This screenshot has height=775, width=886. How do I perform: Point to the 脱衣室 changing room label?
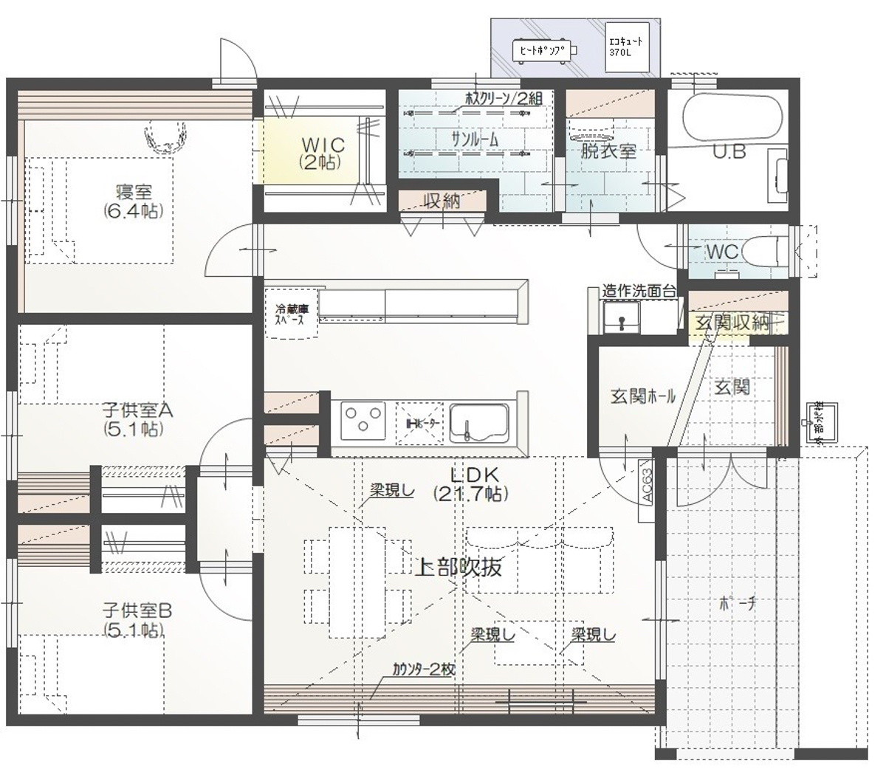click(608, 151)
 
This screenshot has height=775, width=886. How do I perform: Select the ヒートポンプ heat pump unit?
click(543, 51)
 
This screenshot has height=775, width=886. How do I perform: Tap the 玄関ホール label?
click(642, 396)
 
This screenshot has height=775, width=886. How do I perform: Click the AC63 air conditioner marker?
click(646, 484)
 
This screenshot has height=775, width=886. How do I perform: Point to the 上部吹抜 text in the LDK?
click(460, 567)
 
